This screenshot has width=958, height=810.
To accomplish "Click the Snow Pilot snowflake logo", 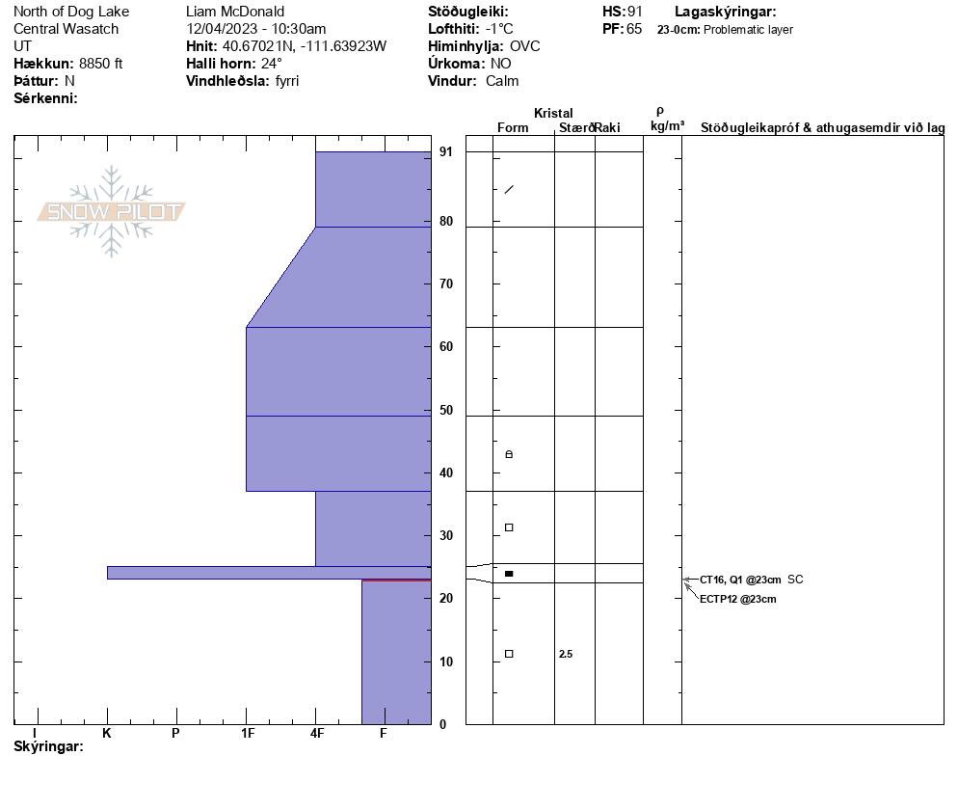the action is pos(111,211).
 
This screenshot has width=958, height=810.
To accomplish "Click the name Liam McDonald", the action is pos(235,12).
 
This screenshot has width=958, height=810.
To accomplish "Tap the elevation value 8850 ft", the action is pos(101,64).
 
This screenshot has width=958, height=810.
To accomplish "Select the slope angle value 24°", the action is pos(271,64).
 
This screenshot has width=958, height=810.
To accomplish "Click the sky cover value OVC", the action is pos(525,46).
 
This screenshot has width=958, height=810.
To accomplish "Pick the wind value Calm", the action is pos(502,81).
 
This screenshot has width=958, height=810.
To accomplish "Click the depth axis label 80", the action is pos(446,221).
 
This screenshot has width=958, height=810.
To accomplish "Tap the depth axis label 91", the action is pos(446,151).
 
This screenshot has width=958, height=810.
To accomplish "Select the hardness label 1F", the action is pos(248,733).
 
